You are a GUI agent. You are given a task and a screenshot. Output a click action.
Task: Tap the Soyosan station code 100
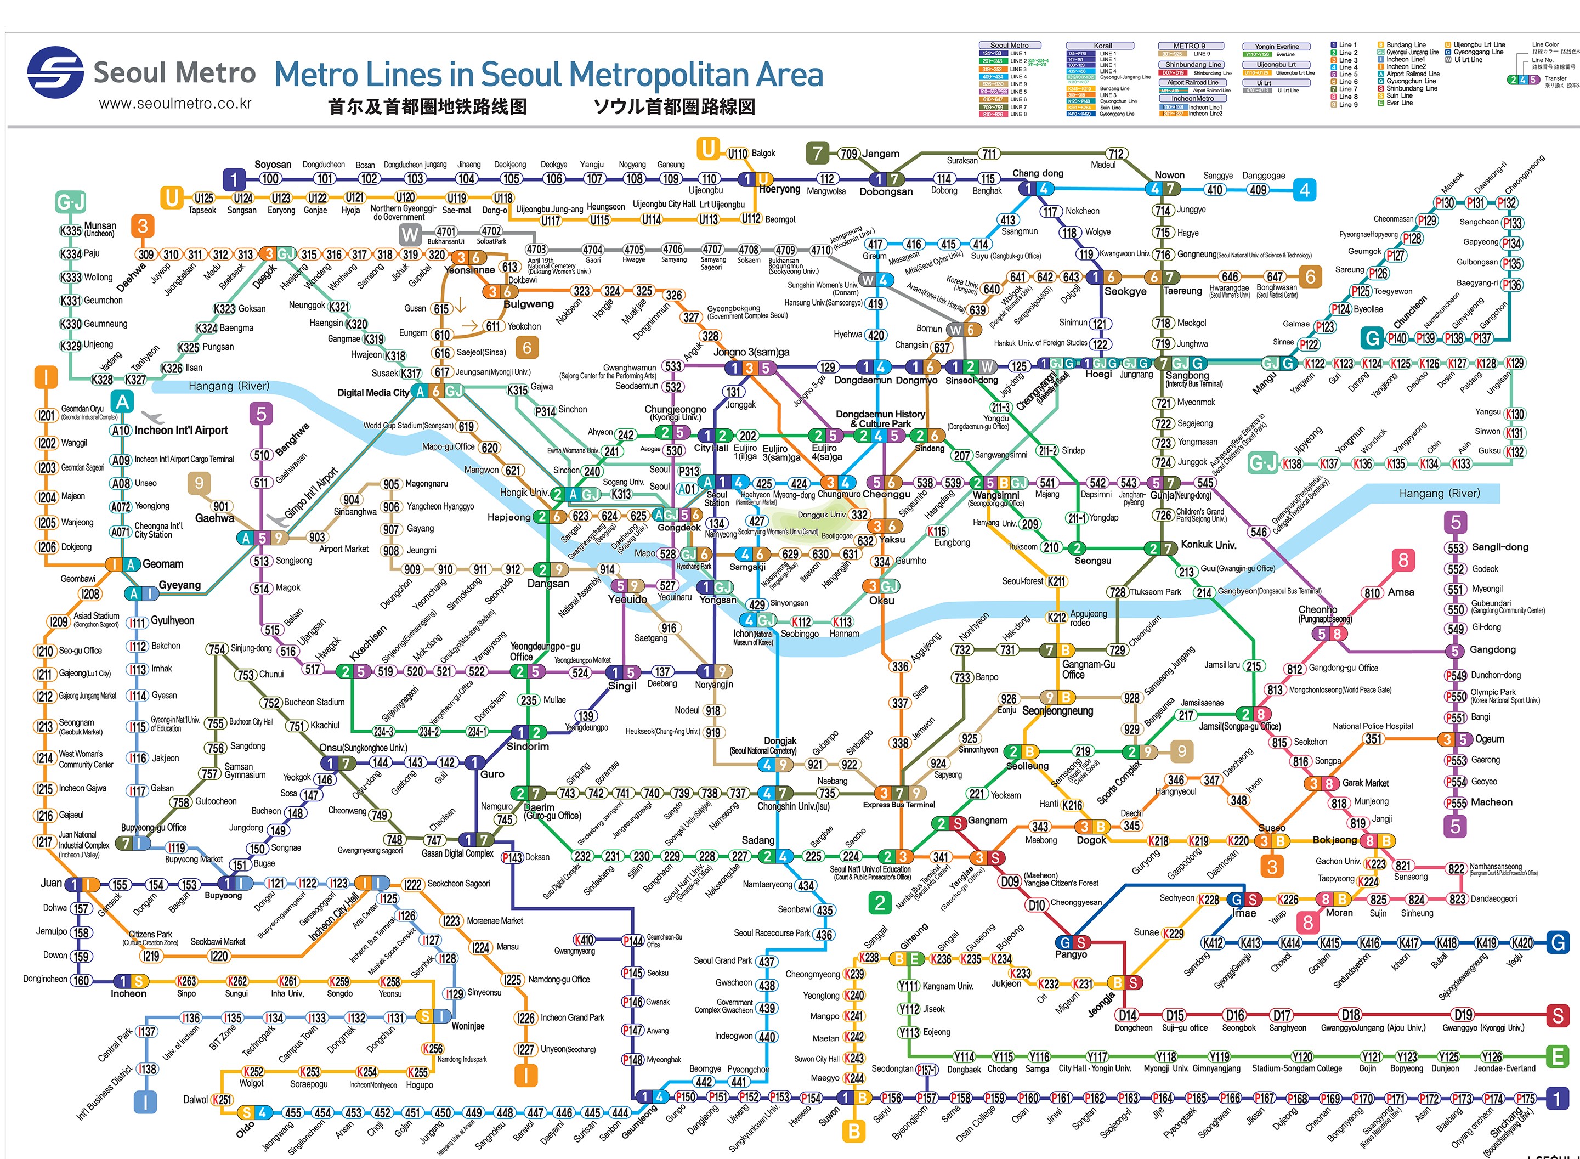[270, 179]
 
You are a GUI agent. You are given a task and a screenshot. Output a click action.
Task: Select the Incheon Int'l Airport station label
[181, 430]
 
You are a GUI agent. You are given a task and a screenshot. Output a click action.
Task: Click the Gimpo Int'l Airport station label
[312, 492]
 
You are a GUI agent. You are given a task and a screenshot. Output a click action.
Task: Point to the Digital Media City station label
[372, 392]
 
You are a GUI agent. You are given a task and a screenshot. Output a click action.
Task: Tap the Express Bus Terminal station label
[898, 805]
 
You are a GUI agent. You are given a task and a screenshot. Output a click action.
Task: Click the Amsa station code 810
[1372, 593]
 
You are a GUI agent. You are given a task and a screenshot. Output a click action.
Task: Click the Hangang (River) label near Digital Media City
[229, 386]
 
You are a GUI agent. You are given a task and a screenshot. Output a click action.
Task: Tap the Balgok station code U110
[737, 154]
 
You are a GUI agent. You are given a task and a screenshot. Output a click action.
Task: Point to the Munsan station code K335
[71, 230]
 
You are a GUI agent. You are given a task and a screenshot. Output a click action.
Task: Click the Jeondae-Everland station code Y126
[1491, 1056]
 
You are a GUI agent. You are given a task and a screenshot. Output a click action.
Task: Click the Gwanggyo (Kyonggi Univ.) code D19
[1463, 1015]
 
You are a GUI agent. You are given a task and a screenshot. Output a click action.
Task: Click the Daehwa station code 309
[146, 255]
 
